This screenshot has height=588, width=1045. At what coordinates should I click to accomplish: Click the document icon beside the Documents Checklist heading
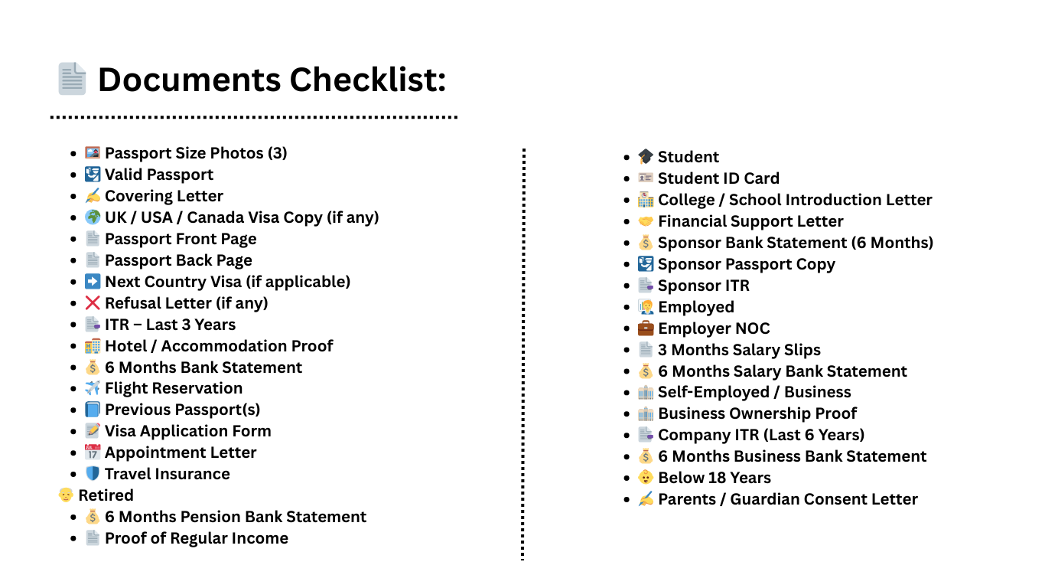[x=73, y=80]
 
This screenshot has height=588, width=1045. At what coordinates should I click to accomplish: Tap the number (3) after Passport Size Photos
[x=277, y=153]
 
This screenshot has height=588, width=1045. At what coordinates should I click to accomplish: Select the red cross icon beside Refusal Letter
[x=93, y=303]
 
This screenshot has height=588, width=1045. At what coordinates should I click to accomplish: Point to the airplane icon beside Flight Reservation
[x=93, y=389]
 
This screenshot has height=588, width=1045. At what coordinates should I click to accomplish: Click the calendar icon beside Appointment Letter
[x=93, y=452]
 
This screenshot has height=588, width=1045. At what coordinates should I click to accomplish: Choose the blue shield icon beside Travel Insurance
[x=93, y=474]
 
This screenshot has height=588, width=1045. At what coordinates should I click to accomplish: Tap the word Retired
[x=106, y=495]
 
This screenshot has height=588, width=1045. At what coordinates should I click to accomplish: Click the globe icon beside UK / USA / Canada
[x=93, y=217]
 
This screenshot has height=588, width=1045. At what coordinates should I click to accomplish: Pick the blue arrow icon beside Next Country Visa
[x=93, y=282]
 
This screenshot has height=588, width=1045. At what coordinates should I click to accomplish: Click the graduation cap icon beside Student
[x=646, y=157]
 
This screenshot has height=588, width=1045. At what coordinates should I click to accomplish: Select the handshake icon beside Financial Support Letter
[x=646, y=221]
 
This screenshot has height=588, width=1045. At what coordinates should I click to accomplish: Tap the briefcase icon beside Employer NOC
[x=646, y=328]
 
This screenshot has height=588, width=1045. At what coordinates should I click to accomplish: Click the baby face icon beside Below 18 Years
[x=646, y=478]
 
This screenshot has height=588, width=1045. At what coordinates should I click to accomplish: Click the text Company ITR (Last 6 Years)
[x=761, y=435]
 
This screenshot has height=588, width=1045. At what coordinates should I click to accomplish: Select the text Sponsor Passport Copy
[x=747, y=264]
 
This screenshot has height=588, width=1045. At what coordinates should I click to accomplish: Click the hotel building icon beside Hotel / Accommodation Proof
[x=93, y=346]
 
